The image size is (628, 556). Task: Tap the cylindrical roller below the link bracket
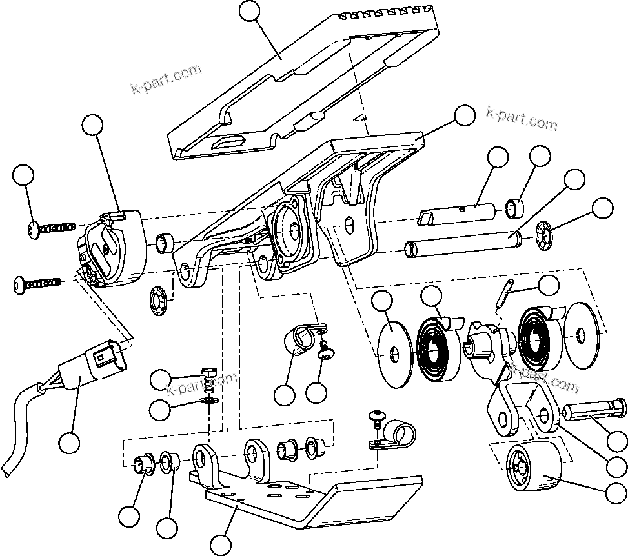point(533,468)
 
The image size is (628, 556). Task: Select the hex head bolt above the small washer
point(208,377)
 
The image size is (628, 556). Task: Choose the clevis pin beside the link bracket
point(594,411)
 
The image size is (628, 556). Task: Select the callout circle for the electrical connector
point(69,442)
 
